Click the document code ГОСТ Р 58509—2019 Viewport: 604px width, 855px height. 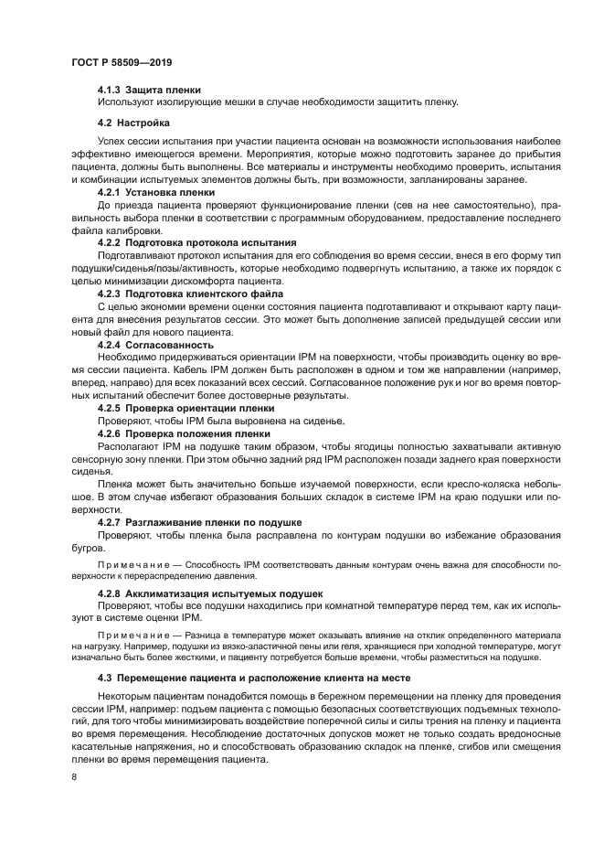(122, 62)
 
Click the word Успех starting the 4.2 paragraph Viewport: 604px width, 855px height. (112, 142)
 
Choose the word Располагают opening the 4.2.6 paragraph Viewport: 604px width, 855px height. (127, 445)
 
